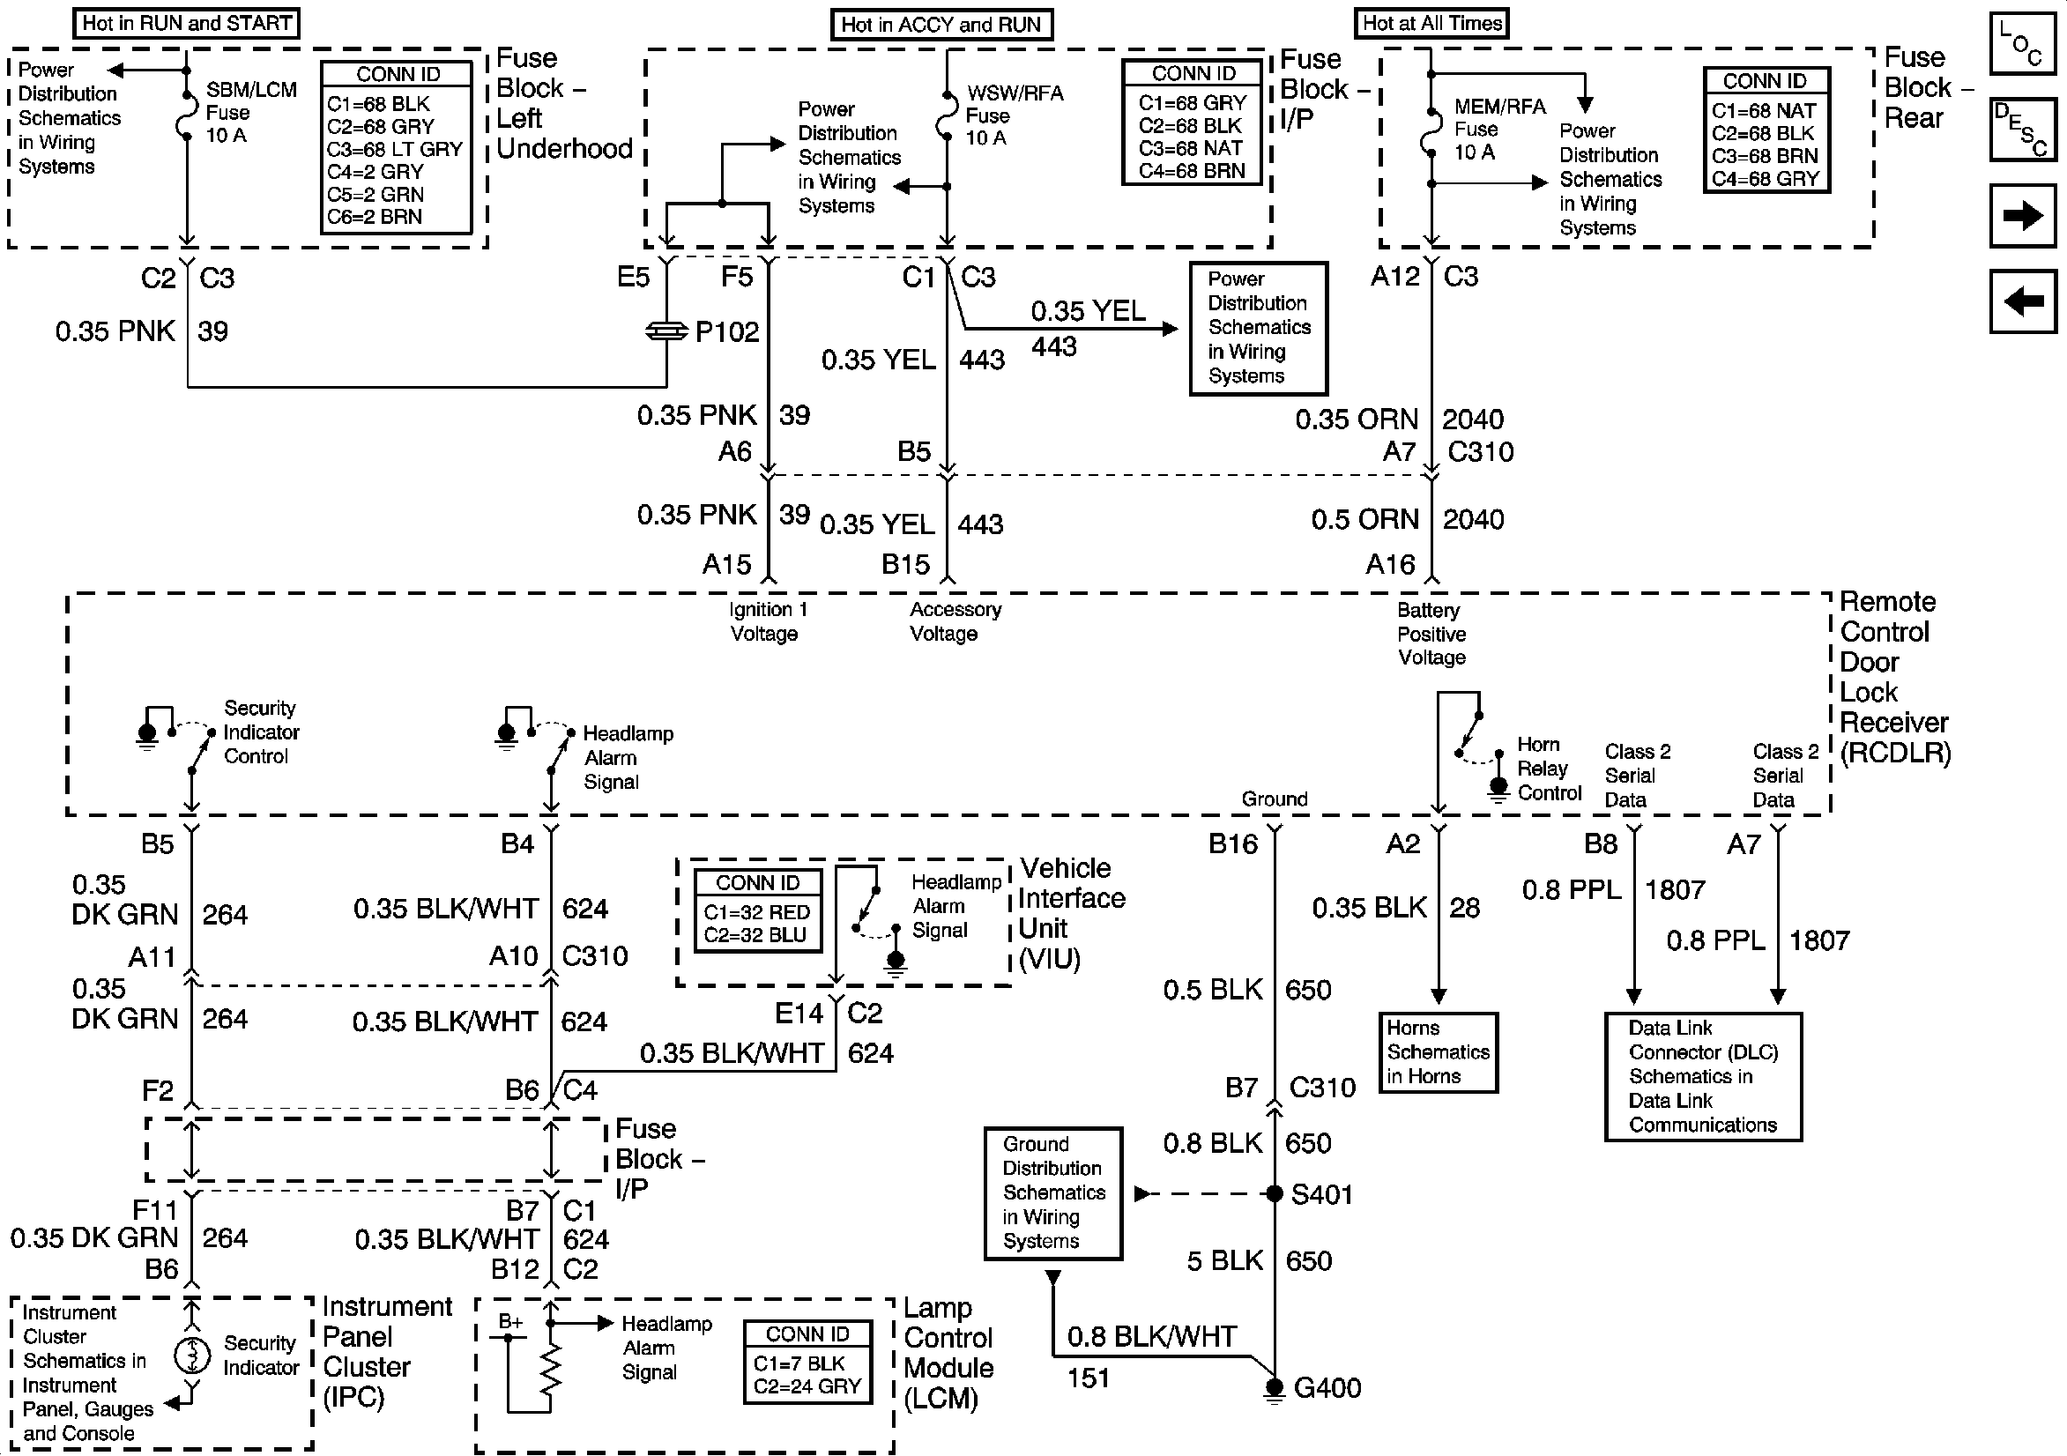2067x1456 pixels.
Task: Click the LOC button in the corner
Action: (2022, 42)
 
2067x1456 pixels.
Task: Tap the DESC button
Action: (2022, 129)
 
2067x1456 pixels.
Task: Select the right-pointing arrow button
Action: (2022, 215)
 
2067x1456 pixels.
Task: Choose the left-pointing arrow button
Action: (2022, 301)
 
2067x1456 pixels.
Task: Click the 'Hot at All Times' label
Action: (1431, 24)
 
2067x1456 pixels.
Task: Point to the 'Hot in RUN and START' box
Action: (186, 24)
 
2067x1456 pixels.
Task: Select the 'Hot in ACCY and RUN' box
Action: (941, 25)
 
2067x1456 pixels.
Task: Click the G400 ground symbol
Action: (1274, 1388)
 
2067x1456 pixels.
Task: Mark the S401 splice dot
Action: (1274, 1194)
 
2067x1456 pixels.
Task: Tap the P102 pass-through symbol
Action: (666, 332)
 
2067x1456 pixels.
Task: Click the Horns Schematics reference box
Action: (1438, 1052)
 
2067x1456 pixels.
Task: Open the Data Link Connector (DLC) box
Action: (1702, 1077)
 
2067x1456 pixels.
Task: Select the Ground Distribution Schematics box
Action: (1052, 1193)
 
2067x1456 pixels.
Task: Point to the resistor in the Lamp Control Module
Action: (550, 1373)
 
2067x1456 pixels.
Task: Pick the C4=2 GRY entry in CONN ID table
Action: (375, 171)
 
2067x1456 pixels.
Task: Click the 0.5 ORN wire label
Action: (1364, 519)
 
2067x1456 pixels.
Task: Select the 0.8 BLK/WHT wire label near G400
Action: (1151, 1337)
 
